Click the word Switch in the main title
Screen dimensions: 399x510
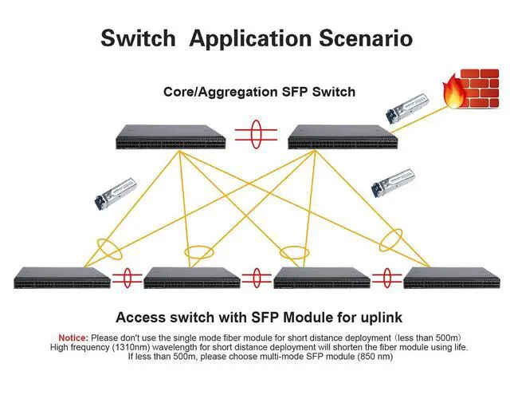137,38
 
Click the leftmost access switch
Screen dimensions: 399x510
61,278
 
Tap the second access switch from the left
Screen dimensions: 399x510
191,278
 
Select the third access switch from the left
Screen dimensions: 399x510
321,278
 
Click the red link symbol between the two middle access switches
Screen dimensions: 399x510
257,279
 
